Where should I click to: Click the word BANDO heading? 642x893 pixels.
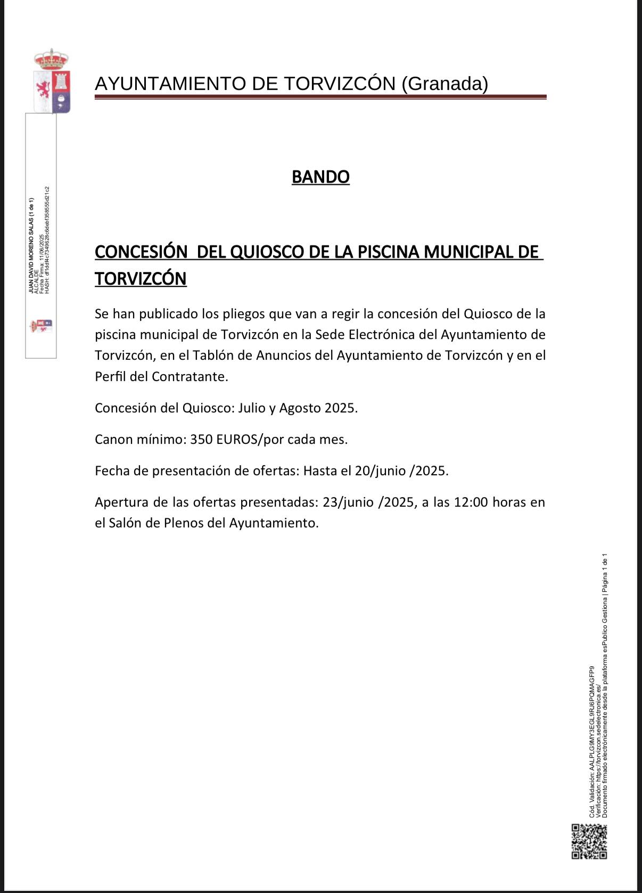(320, 177)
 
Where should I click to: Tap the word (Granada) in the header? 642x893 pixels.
(445, 84)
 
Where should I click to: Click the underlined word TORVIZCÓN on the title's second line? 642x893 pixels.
(141, 279)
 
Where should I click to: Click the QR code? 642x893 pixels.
(589, 841)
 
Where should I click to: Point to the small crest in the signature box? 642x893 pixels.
(41, 326)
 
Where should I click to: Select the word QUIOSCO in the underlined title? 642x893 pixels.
(267, 252)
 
